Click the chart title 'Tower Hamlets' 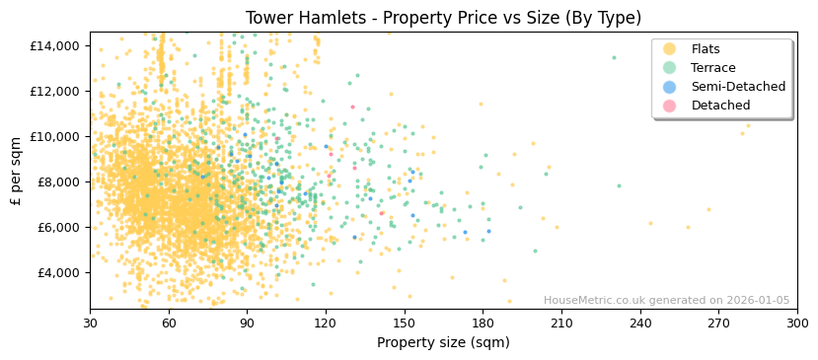pos(443,18)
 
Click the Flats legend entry pos(705,49)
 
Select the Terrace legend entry pos(711,68)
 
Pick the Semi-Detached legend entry pos(737,87)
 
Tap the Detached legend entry pos(719,106)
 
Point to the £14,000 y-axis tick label pos(55,45)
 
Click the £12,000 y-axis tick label pos(55,91)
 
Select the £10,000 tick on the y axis pos(55,136)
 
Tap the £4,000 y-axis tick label pos(58,272)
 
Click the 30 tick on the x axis pos(90,323)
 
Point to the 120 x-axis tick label pos(326,323)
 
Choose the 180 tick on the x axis pos(483,323)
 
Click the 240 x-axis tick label pos(639,323)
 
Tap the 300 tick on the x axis pos(796,323)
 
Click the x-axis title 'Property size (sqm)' pos(443,342)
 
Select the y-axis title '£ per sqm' pos(17,171)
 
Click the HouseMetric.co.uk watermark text pos(666,301)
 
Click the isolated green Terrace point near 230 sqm pos(613,57)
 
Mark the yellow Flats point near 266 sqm pos(707,209)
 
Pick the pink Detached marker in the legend pos(670,106)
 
